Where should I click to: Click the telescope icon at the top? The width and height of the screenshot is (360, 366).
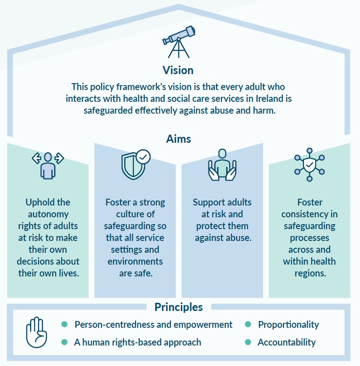pos(179,41)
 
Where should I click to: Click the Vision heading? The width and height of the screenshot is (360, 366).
pos(178,70)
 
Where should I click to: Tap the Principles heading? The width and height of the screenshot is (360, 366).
pos(178,307)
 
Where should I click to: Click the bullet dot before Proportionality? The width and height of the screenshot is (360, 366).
pos(248,325)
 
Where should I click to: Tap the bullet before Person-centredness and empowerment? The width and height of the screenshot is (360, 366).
pos(65,325)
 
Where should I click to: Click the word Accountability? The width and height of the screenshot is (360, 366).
pos(286,342)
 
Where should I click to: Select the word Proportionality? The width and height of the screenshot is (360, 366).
pos(289,325)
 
